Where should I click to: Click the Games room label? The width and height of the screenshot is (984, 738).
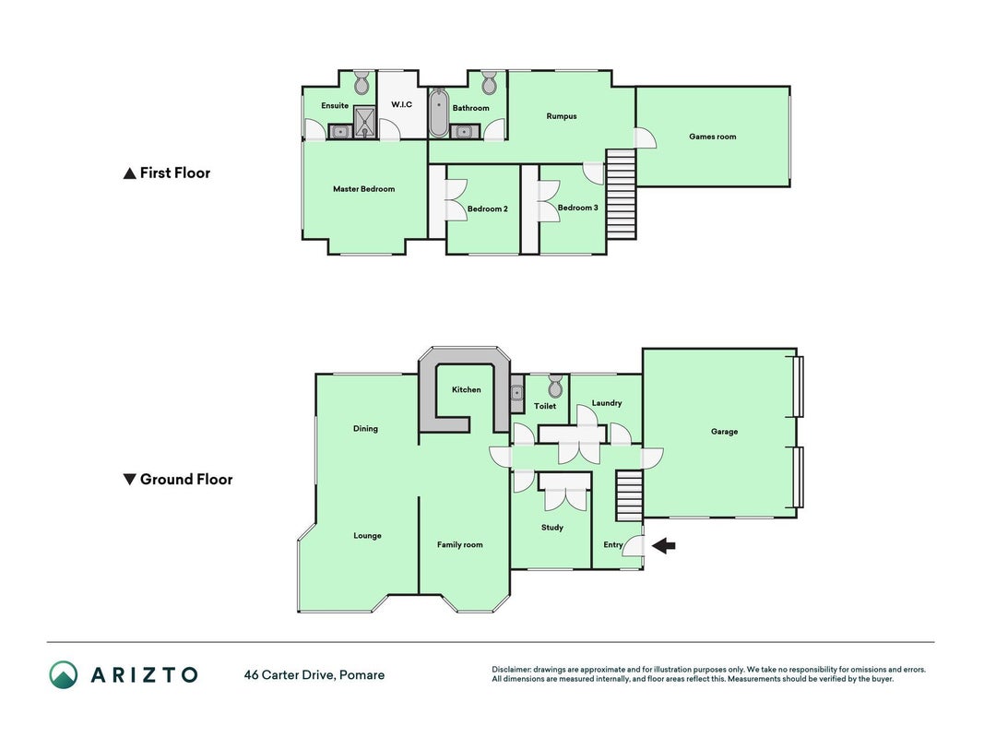712,137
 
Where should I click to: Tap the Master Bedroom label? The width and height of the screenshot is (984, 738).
364,189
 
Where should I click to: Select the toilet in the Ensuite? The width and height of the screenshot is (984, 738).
362,83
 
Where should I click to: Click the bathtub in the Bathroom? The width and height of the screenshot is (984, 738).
438,113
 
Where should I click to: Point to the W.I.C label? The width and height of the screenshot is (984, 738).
402,104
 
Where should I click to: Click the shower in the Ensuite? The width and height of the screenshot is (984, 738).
364,123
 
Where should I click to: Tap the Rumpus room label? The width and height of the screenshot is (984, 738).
561,116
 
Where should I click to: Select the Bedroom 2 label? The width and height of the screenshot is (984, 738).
488,209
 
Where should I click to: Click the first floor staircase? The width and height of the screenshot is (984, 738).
622,194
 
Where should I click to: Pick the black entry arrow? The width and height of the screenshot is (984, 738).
663,546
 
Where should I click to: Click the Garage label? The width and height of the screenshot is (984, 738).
724,432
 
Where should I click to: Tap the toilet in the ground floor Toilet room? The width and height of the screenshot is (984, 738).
555,386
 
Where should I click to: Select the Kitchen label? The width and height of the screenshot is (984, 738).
467,389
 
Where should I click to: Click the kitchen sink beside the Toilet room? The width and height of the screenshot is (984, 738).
517,394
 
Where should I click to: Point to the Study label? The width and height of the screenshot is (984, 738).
552,528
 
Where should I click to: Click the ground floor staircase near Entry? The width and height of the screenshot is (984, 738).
630,495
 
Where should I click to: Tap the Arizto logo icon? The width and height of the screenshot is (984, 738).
64,674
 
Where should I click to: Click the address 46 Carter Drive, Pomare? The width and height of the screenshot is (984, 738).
314,675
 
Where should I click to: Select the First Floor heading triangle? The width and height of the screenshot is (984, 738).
129,173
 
